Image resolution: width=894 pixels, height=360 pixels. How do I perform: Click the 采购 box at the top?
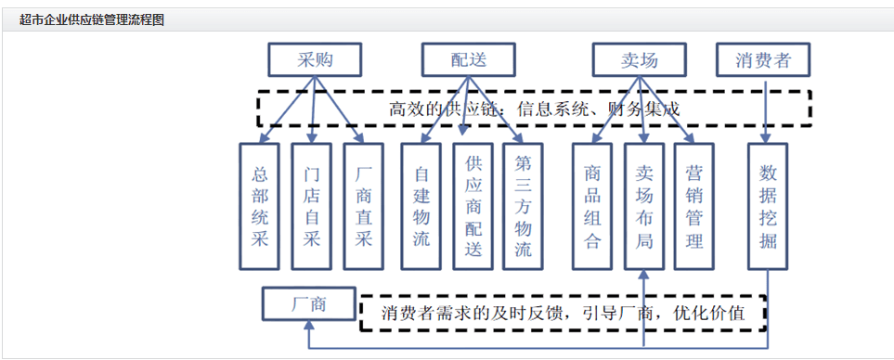[315, 60]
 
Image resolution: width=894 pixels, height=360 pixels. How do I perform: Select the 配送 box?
[468, 60]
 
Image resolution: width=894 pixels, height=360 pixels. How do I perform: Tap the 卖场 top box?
[639, 60]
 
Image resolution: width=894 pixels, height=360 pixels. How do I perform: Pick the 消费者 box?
[763, 60]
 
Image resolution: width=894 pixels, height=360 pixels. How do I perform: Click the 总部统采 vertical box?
[260, 205]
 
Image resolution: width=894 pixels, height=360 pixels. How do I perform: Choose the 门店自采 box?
[312, 205]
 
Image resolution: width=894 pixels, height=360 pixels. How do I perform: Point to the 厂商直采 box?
[364, 205]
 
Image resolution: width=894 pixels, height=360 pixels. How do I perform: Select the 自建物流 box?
[421, 205]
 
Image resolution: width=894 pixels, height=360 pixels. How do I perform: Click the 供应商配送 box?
[473, 205]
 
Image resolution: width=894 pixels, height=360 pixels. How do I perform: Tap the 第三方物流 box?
[523, 205]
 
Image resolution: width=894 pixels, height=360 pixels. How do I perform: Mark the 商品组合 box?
[592, 205]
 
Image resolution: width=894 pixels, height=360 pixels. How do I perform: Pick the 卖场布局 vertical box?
[644, 205]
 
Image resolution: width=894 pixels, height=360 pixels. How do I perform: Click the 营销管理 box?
[694, 205]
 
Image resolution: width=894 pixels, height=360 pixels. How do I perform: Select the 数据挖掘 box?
[767, 205]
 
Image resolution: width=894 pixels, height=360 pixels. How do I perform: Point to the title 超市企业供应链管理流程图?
[92, 19]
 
